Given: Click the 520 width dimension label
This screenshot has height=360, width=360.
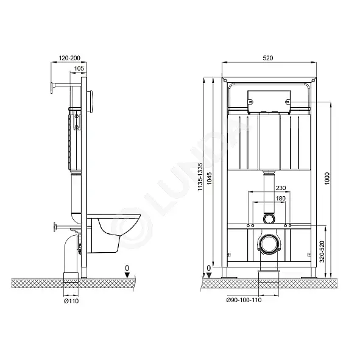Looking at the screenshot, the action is (267, 58).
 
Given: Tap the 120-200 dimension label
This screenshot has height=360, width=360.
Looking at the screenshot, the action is (69, 58).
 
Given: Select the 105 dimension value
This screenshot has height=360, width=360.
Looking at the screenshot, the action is (79, 68).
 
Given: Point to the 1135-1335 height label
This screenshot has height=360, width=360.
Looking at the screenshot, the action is (200, 177).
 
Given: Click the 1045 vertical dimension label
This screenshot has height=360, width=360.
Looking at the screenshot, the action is (210, 178).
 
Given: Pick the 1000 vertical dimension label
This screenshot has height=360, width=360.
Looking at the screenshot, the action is (327, 178).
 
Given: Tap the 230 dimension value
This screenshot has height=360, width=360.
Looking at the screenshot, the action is (281, 188).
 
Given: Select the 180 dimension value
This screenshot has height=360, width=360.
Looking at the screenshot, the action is (281, 198).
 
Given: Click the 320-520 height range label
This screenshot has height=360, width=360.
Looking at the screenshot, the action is (322, 252).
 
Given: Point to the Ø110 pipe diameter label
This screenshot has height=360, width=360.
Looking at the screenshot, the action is (71, 301).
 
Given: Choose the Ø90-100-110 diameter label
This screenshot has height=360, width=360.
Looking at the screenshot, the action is (244, 300).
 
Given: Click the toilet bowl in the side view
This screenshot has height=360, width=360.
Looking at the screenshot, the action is (114, 234).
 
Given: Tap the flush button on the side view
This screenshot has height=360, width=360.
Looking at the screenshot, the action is (90, 101).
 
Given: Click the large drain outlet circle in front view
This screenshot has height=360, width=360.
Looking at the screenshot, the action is (269, 245).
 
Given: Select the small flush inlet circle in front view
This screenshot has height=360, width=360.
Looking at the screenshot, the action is (269, 218).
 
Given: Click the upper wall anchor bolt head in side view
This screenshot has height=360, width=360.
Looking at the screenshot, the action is (53, 88).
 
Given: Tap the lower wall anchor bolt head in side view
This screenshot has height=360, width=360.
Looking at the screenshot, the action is (55, 227).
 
